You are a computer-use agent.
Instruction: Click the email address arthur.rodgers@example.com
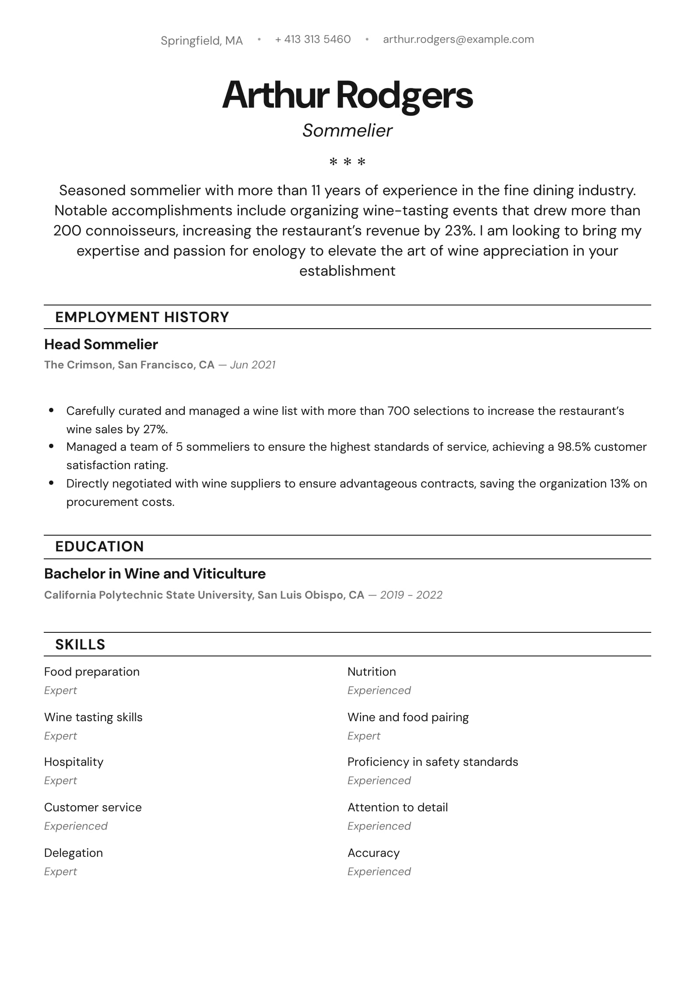click(458, 39)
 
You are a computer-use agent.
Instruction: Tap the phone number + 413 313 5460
click(313, 39)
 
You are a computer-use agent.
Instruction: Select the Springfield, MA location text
click(201, 41)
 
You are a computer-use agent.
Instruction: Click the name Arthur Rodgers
click(347, 95)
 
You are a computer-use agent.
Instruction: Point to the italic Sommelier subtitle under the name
click(347, 130)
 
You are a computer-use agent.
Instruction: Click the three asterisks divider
click(347, 162)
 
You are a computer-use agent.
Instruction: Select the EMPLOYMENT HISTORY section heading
click(142, 317)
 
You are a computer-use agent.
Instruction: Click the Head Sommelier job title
click(101, 344)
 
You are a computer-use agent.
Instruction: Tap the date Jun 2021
click(253, 365)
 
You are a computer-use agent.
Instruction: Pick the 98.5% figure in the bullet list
click(574, 447)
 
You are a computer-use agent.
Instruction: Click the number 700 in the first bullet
click(398, 411)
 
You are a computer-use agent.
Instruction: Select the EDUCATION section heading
click(99, 547)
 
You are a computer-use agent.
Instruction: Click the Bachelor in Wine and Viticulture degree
click(155, 574)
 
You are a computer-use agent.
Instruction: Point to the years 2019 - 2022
click(411, 595)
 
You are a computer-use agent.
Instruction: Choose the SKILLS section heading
click(80, 645)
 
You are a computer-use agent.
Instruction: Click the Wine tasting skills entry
click(93, 717)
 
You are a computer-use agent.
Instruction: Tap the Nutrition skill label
click(372, 672)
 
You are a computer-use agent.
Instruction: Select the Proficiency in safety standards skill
click(432, 762)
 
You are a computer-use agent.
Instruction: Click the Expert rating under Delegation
click(60, 871)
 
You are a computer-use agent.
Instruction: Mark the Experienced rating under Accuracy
click(379, 871)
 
